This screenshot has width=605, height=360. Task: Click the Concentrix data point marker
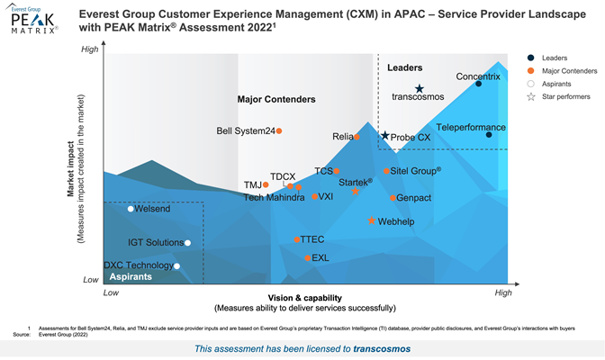click(x=478, y=84)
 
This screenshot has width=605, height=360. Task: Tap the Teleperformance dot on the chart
click(x=489, y=135)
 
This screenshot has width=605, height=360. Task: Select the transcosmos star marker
click(x=419, y=88)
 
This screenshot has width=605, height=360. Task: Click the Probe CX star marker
click(x=385, y=136)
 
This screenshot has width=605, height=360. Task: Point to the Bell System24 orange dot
click(x=279, y=130)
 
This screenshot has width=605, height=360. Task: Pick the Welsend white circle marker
click(x=131, y=209)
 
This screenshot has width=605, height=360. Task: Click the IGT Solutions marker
click(x=188, y=242)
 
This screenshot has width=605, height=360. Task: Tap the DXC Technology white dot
click(x=177, y=265)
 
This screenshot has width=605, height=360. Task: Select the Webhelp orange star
click(x=372, y=220)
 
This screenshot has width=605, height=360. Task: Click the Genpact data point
click(x=393, y=197)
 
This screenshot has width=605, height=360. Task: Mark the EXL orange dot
click(x=307, y=257)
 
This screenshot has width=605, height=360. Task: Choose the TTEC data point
click(x=296, y=239)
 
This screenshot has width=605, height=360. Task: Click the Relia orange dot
click(x=357, y=137)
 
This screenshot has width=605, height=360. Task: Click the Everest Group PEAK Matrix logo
click(x=32, y=20)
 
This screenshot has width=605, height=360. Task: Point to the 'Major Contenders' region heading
click(x=276, y=99)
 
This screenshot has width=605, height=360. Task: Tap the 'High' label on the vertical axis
click(x=90, y=49)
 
